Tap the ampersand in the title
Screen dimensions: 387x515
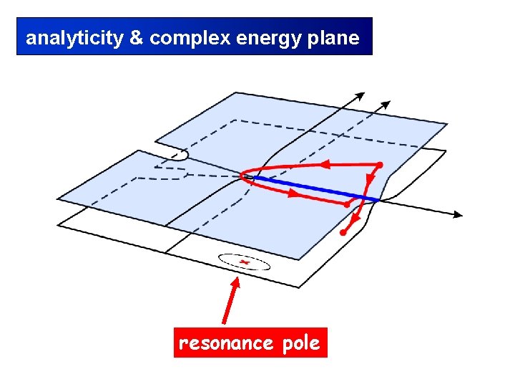coord(136,38)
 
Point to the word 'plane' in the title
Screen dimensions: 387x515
coord(332,38)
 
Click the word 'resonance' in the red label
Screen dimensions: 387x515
coord(225,343)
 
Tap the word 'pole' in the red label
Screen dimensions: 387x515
coord(300,343)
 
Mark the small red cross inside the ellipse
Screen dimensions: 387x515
coord(244,263)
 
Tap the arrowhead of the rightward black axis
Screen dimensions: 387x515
coord(457,214)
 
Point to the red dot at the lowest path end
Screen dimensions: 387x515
coord(343,233)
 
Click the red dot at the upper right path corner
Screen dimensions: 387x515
coord(379,166)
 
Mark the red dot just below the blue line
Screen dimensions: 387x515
coord(348,205)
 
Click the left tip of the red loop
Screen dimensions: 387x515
coord(242,176)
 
